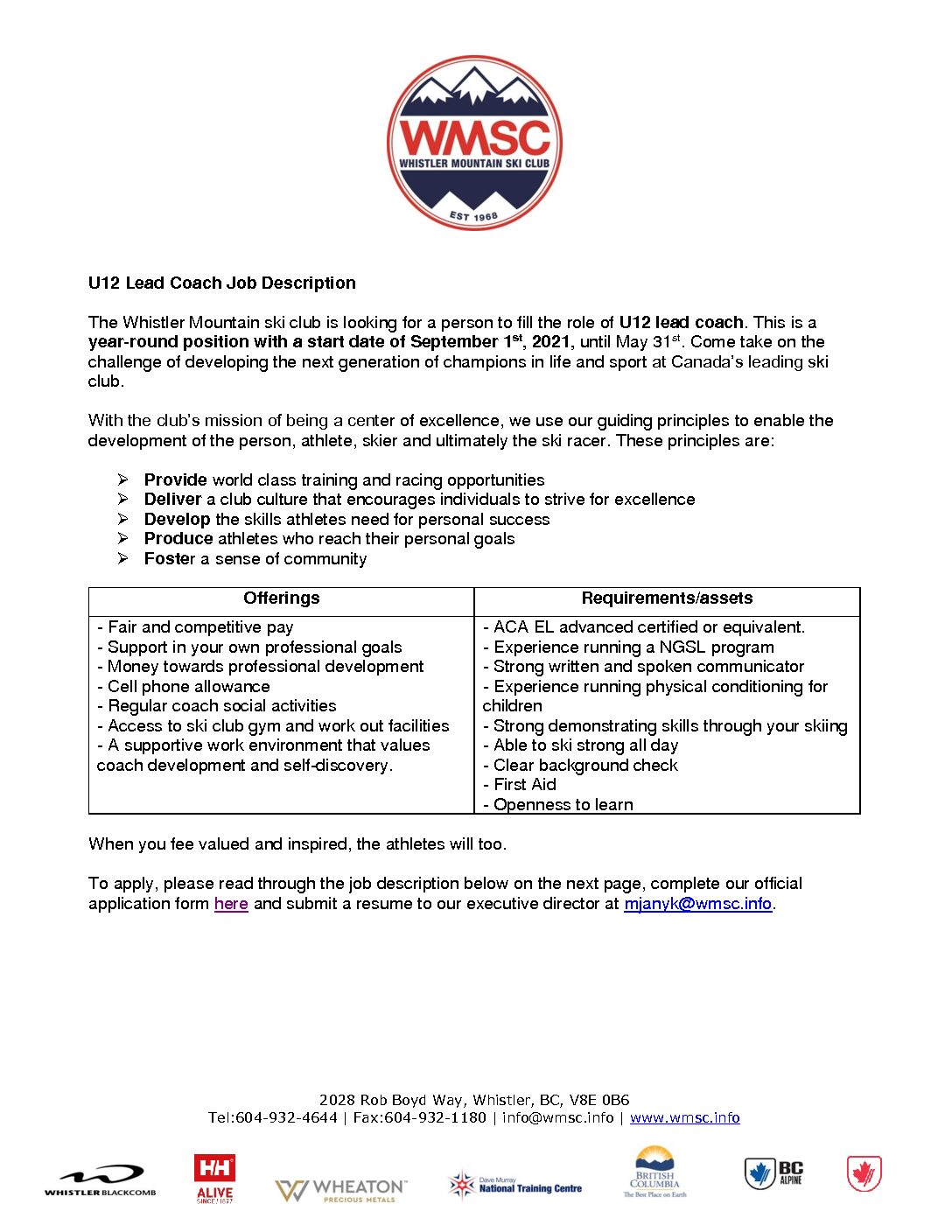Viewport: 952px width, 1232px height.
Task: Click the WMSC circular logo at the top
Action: [x=474, y=143]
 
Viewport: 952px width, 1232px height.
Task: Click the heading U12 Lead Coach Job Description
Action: [x=221, y=283]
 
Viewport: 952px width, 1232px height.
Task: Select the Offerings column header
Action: [x=281, y=598]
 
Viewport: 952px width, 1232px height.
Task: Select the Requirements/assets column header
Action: [x=667, y=598]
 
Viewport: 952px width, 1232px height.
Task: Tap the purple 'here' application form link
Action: [x=231, y=904]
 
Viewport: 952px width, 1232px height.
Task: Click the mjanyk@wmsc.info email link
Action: [x=697, y=904]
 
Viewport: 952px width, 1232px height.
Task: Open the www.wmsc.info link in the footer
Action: [x=684, y=1117]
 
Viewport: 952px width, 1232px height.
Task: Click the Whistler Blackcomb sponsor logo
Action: [x=101, y=1180]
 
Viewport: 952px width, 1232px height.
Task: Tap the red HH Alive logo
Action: [x=214, y=1178]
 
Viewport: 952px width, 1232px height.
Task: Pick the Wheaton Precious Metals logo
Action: [x=341, y=1190]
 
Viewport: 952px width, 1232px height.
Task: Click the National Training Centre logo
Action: [x=515, y=1186]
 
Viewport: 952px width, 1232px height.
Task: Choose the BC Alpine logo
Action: [x=774, y=1173]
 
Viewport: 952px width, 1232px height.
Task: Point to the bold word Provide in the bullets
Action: [x=175, y=480]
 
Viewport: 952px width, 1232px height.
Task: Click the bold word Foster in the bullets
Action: [x=170, y=559]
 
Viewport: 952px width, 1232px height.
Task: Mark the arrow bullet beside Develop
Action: [x=123, y=519]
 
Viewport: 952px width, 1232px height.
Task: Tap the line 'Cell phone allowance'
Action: [x=188, y=687]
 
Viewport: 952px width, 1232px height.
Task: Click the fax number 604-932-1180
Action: [x=435, y=1117]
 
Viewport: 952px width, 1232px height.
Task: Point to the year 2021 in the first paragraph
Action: [x=550, y=342]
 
